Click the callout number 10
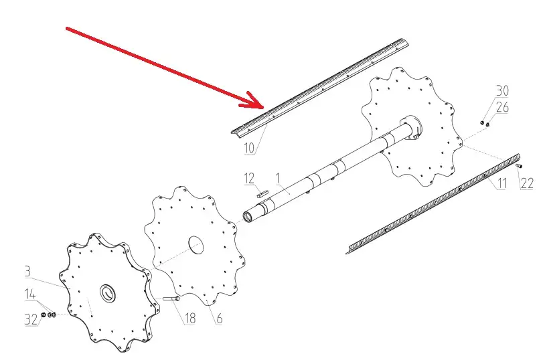[x=249, y=148]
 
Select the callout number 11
[x=502, y=183]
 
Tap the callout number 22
[x=527, y=183]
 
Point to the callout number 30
[x=502, y=91]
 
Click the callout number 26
[x=502, y=107]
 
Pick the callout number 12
[x=249, y=178]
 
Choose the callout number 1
[x=277, y=178]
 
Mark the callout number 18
[x=190, y=318]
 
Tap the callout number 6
[x=220, y=318]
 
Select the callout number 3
[x=27, y=271]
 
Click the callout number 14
[x=30, y=294]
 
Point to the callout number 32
[x=31, y=319]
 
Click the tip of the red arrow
[x=264, y=108]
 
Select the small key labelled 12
[x=262, y=193]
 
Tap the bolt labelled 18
[x=171, y=298]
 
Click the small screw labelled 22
[x=519, y=166]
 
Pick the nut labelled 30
[x=482, y=122]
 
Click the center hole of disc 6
[x=196, y=245]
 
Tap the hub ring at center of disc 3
[x=108, y=294]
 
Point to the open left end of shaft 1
[x=248, y=217]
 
